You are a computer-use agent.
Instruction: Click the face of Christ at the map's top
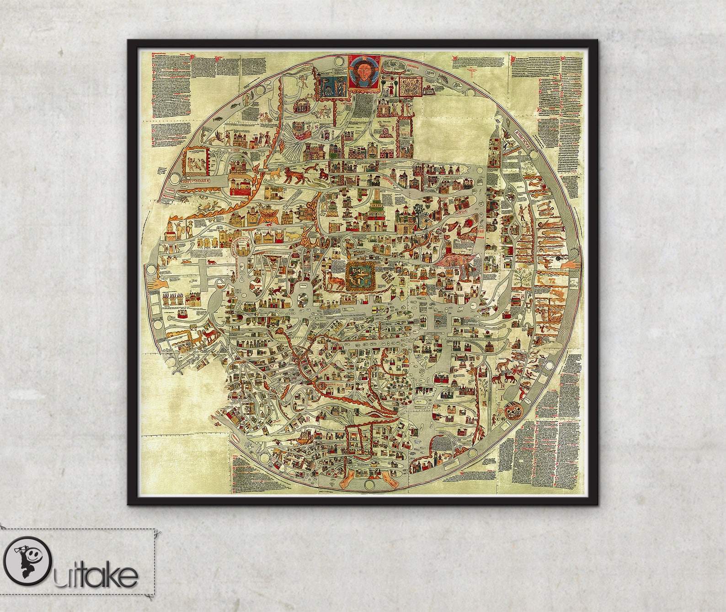(364, 71)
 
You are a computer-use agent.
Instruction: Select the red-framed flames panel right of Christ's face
(410, 86)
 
